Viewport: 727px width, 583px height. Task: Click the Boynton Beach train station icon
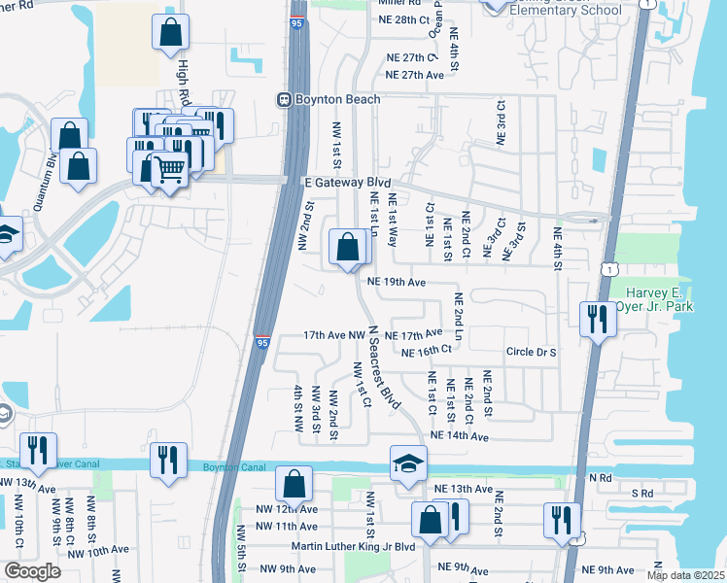click(285, 98)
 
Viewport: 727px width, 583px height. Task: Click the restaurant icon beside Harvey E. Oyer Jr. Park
click(594, 320)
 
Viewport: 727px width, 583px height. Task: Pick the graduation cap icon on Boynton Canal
click(408, 464)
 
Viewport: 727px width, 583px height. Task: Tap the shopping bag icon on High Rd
click(170, 32)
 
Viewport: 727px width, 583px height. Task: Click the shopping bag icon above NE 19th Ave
click(348, 248)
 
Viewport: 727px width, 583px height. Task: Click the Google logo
click(31, 571)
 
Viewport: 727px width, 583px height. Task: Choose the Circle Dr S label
click(531, 352)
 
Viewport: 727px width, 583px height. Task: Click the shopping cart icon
click(170, 171)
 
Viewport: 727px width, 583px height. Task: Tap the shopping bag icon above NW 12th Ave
click(294, 484)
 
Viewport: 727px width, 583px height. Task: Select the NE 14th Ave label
click(459, 436)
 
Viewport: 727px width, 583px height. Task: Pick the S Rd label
click(642, 494)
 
